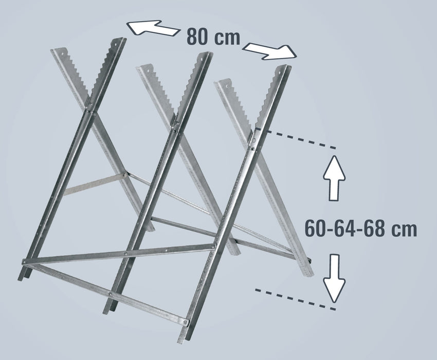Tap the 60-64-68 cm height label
pyautogui.click(x=360, y=228)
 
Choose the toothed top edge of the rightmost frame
pyautogui.click(x=267, y=98)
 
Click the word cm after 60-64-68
pyautogui.click(x=404, y=229)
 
